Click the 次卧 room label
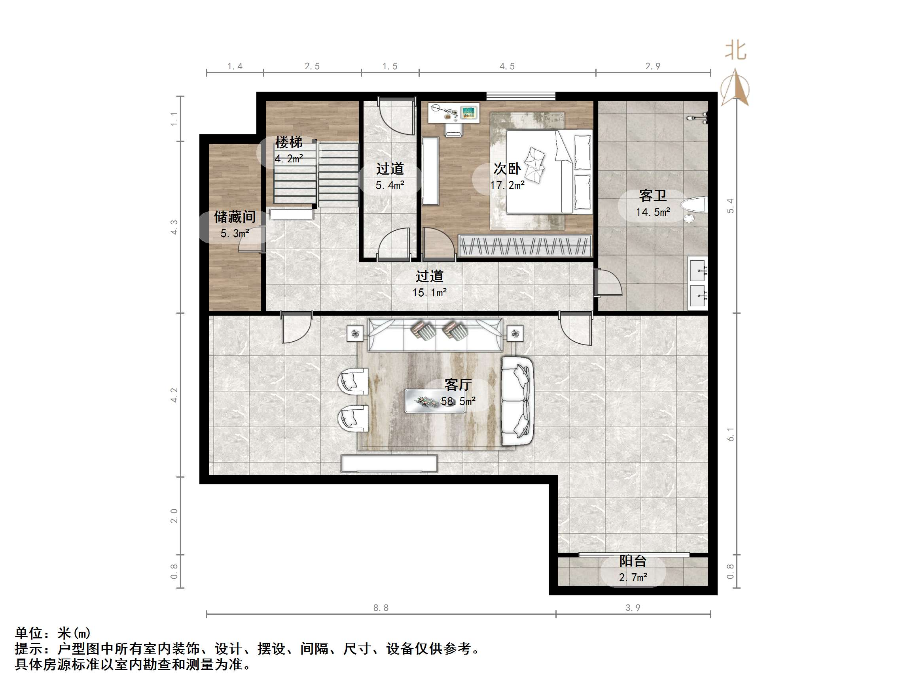click(x=507, y=169)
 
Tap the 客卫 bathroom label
click(x=653, y=196)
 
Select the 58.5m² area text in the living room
click(x=458, y=401)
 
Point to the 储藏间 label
click(x=235, y=216)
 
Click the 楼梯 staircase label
click(x=289, y=142)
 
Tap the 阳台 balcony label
click(x=633, y=561)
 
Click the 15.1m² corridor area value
click(x=430, y=292)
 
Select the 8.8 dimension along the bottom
click(x=381, y=608)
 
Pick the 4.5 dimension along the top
click(x=507, y=66)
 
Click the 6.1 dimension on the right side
click(x=730, y=434)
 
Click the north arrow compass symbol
click(x=735, y=88)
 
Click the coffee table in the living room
click(x=435, y=401)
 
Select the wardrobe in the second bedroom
click(x=525, y=246)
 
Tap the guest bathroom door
click(x=608, y=282)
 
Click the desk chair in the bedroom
click(x=453, y=129)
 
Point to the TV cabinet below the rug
click(x=389, y=464)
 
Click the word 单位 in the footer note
click(x=29, y=633)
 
